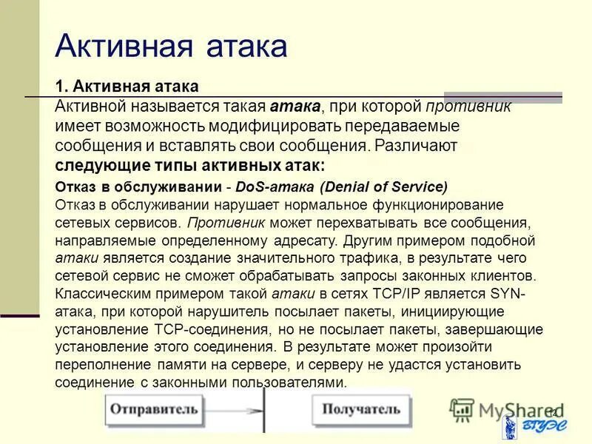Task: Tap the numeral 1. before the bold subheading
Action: (61, 87)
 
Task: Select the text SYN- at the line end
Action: (508, 293)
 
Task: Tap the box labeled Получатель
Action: (360, 409)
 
